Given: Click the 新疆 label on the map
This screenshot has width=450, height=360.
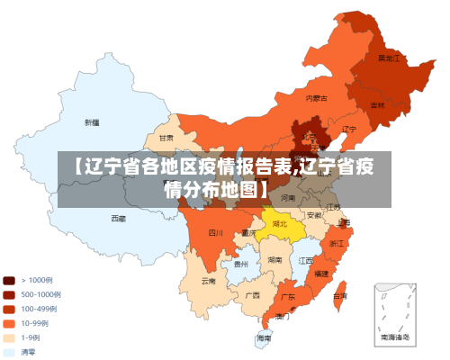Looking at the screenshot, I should (x=92, y=122).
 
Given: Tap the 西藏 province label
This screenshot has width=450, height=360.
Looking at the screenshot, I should (x=119, y=218).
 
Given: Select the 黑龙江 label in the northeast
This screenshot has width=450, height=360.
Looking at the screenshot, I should (x=388, y=58).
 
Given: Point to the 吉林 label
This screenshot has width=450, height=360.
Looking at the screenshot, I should (x=377, y=105).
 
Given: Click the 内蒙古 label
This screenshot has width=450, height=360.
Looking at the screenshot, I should (x=316, y=97).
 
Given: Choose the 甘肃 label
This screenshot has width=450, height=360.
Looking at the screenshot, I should (x=166, y=139).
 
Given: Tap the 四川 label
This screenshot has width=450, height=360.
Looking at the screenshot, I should (x=215, y=232).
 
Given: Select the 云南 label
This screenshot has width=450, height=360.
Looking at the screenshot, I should (x=209, y=280).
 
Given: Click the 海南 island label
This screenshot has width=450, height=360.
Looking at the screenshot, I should (x=263, y=337).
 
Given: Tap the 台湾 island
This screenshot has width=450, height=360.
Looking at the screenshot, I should (x=339, y=295).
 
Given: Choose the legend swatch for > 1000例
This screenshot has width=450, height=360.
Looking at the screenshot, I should (x=9, y=280).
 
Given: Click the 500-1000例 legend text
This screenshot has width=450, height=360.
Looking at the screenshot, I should (x=40, y=294).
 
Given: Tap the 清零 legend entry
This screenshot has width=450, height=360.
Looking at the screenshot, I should (x=29, y=352).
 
